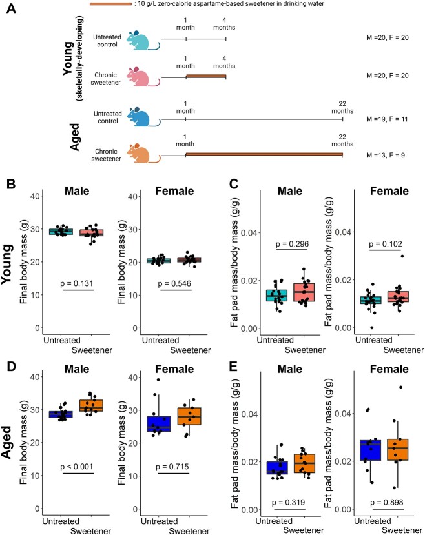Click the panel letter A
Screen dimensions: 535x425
click(x=10, y=13)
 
